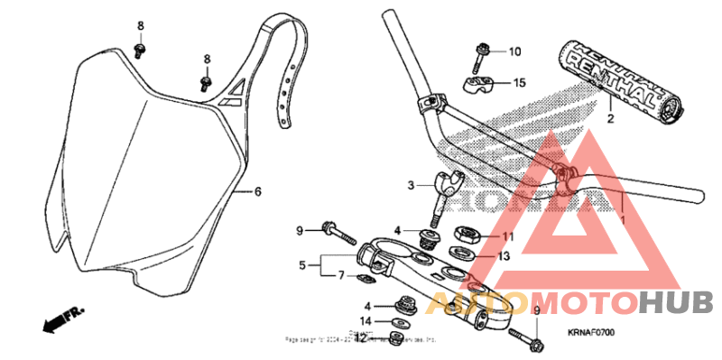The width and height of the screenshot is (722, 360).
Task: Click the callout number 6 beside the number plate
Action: [257, 192]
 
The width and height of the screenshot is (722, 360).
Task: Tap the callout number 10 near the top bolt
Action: [514, 51]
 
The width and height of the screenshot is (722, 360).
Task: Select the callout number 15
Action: [519, 83]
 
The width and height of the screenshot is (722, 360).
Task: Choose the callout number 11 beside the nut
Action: [507, 236]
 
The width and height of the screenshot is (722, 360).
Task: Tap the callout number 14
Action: [365, 320]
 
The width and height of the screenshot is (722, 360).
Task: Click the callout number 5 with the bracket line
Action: [302, 266]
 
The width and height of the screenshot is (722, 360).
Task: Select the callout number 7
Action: [341, 274]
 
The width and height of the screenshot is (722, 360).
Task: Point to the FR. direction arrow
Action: [61, 318]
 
